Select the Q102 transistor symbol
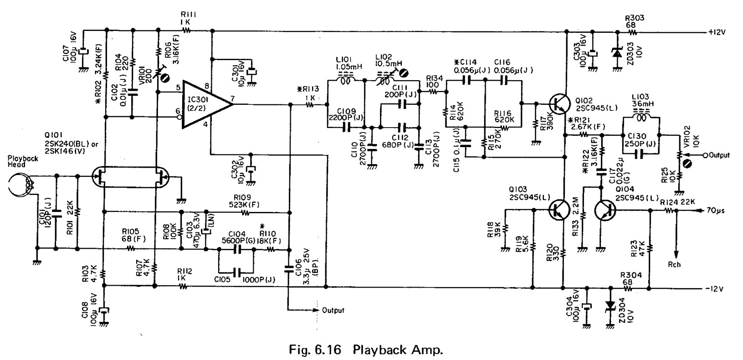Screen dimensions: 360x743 click(560, 104)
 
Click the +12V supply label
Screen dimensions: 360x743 click(717, 32)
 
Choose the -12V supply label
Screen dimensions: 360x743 click(716, 289)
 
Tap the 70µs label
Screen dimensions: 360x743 click(716, 211)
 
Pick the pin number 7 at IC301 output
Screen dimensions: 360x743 click(233, 98)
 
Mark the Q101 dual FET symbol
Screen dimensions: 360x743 click(130, 177)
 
